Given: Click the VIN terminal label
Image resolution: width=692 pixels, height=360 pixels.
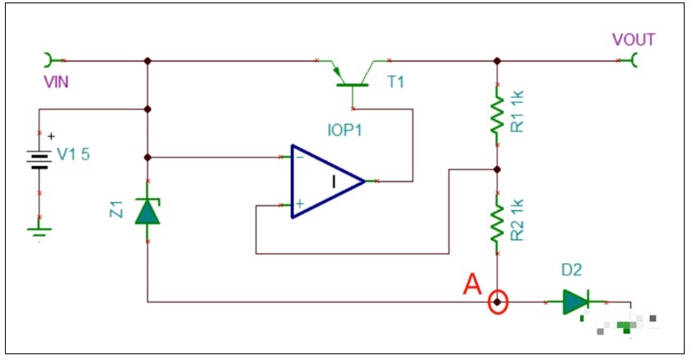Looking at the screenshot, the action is (x=56, y=82).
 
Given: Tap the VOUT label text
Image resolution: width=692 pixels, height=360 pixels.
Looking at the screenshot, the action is (x=634, y=39).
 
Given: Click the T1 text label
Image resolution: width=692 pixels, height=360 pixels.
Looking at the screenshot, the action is (x=395, y=82).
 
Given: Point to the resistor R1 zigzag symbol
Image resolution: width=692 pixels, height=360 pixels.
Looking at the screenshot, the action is (x=497, y=114).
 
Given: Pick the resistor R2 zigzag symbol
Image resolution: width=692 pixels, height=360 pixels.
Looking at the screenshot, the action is (x=497, y=224).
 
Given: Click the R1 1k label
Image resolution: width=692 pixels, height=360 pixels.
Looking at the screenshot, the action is (x=517, y=111).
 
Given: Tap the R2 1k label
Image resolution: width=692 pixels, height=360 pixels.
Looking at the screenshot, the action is (x=517, y=219).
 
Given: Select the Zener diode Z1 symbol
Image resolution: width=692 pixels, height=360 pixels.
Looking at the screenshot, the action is (x=148, y=211).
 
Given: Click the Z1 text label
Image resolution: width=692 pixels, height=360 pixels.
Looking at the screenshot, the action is (x=117, y=209).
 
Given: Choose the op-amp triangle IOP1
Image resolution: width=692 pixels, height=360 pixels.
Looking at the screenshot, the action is (x=327, y=181).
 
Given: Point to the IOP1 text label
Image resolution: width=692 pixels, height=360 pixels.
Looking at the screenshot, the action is (x=344, y=130).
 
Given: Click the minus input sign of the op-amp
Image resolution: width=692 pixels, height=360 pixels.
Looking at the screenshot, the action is (x=300, y=157).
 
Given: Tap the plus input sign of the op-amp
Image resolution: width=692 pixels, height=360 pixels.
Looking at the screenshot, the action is (x=300, y=204).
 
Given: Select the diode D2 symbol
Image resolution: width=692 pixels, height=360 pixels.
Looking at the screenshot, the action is (x=576, y=302).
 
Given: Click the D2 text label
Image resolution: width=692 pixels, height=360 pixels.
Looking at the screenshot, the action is (x=571, y=270).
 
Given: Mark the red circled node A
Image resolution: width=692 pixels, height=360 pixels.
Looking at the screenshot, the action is (x=498, y=302).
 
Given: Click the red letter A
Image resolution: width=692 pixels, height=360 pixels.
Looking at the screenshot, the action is (x=473, y=284).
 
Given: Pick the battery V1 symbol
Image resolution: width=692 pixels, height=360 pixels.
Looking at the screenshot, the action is (x=39, y=160).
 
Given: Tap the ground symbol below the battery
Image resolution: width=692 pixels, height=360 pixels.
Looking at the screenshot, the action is (x=39, y=230).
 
